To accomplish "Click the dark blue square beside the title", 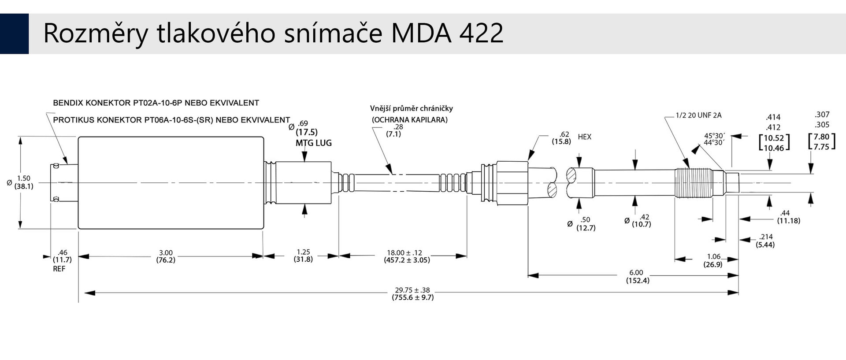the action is [x=14, y=33].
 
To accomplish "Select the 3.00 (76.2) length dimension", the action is [x=166, y=256].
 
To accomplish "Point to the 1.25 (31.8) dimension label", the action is [x=303, y=256].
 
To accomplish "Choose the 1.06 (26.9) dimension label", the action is [x=713, y=260].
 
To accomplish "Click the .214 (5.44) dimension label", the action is [x=765, y=241].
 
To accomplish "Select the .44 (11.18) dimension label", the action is [x=788, y=217].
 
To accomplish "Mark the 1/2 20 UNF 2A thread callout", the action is [x=698, y=115].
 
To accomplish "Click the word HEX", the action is [x=584, y=137].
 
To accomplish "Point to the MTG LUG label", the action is [x=314, y=143].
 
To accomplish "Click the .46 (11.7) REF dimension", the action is [x=62, y=260].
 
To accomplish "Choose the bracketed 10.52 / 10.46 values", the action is [x=774, y=143].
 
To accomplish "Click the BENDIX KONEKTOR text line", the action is [x=156, y=103].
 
